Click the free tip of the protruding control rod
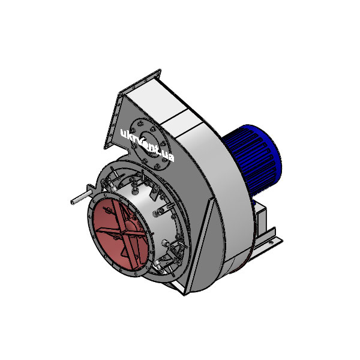tap(71, 201)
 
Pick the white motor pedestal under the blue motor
tap(262, 219)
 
